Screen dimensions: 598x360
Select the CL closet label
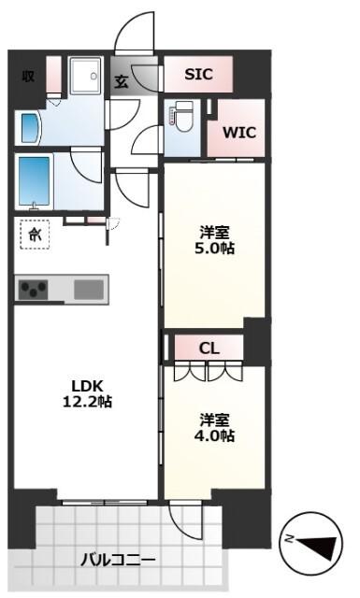(209, 348)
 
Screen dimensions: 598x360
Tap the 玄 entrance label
(122, 80)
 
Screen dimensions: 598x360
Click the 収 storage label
(28, 76)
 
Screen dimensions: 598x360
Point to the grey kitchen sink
(90, 289)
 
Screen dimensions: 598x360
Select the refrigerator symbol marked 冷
(35, 234)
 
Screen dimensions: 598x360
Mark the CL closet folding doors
(208, 371)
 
